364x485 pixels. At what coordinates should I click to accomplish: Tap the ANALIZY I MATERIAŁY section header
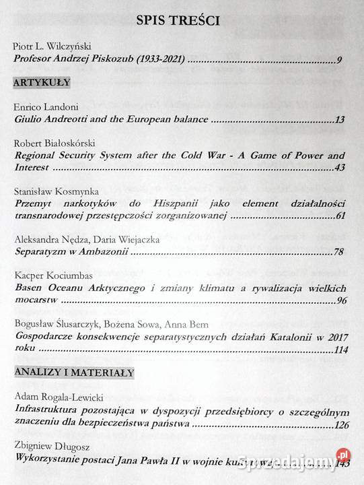[x=74, y=372]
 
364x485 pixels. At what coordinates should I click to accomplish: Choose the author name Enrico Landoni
[x=44, y=108]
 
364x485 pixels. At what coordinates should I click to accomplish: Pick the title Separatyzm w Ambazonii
[x=69, y=252]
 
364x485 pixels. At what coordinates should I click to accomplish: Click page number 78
[x=339, y=252]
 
